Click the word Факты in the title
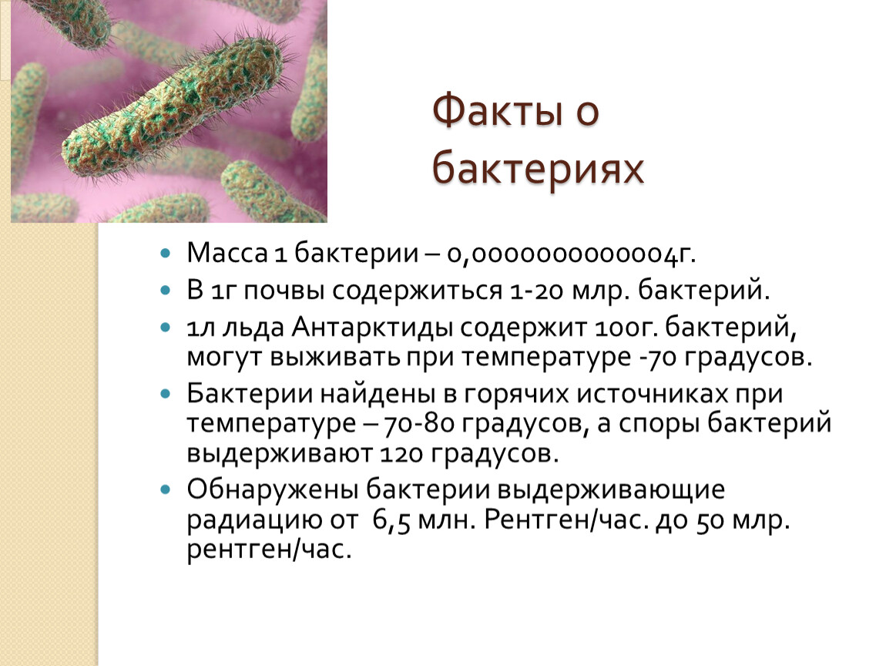pos(498,110)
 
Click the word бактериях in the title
pos(538,167)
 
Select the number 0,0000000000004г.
pos(571,254)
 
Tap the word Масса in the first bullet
pos(227,253)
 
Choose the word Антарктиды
pos(372,328)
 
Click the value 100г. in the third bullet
pos(626,328)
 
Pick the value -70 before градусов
pos(659,358)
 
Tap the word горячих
pos(516,394)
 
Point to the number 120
pos(401,454)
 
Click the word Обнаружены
pos(273,489)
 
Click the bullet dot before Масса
pos(165,254)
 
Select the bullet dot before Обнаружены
pos(165,489)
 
